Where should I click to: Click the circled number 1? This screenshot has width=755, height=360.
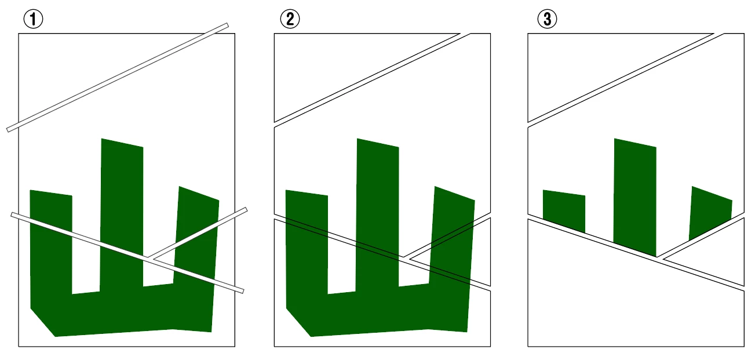(x=33, y=19)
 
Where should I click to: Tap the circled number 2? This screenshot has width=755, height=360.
(x=290, y=19)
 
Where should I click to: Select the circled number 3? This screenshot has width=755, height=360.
(x=547, y=19)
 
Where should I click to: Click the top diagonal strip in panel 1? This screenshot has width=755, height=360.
(x=118, y=78)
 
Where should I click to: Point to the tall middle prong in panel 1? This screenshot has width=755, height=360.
(x=122, y=216)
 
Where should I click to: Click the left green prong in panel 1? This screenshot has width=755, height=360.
(x=51, y=243)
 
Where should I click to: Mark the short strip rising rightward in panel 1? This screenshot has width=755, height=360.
(x=199, y=234)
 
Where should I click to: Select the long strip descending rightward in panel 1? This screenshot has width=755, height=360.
(x=127, y=253)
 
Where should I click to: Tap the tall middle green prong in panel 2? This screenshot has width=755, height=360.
(x=378, y=216)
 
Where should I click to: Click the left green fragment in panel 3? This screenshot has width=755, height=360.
(x=564, y=210)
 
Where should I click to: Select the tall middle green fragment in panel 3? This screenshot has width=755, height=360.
(x=635, y=197)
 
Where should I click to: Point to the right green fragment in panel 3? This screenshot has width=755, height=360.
(x=710, y=212)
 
